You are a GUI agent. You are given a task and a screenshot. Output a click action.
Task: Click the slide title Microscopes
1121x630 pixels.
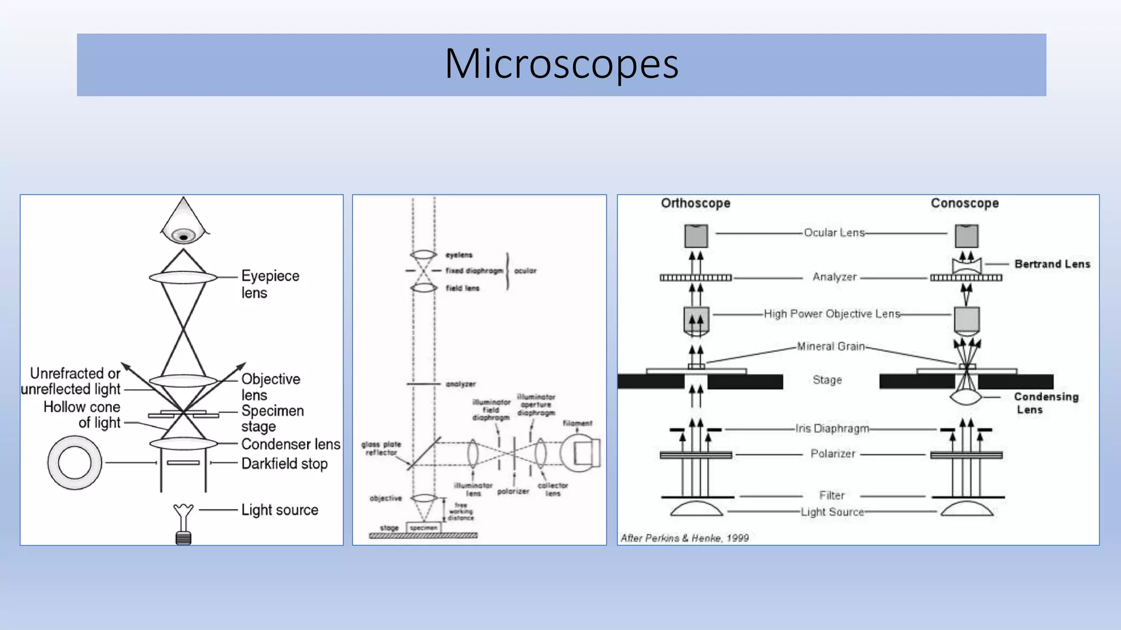(562, 65)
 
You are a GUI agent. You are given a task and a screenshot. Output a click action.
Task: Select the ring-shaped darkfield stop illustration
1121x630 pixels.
(74, 463)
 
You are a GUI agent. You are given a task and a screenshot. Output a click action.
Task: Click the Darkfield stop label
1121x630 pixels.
(284, 464)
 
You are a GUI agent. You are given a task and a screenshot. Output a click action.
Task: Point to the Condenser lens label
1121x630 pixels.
(290, 444)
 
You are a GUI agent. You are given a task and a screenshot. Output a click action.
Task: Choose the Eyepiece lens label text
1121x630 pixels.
(270, 284)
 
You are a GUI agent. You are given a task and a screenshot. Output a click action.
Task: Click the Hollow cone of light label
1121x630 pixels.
(82, 415)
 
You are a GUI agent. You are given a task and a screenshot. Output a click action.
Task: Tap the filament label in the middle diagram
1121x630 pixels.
(577, 423)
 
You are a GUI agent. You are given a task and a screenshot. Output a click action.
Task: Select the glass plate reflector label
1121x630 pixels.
(381, 448)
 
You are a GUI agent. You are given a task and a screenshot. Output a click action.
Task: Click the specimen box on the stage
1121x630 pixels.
(423, 528)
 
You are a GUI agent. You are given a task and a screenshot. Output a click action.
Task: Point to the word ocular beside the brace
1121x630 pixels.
(525, 271)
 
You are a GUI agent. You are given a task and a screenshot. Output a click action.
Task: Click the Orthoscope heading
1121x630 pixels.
(695, 203)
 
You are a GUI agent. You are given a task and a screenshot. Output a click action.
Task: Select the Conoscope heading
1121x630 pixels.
(964, 203)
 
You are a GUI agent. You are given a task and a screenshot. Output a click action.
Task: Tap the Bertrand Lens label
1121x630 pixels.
(1052, 264)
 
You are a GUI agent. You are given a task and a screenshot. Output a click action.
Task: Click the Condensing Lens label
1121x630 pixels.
(1045, 403)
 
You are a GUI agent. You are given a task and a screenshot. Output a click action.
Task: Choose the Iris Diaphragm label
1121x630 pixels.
(832, 429)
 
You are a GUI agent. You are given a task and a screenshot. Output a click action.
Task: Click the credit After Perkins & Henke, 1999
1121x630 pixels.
(684, 538)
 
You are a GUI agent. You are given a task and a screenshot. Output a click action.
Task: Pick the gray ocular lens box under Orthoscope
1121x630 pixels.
(696, 236)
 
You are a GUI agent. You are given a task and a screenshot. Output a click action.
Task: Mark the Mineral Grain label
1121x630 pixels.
(830, 346)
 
